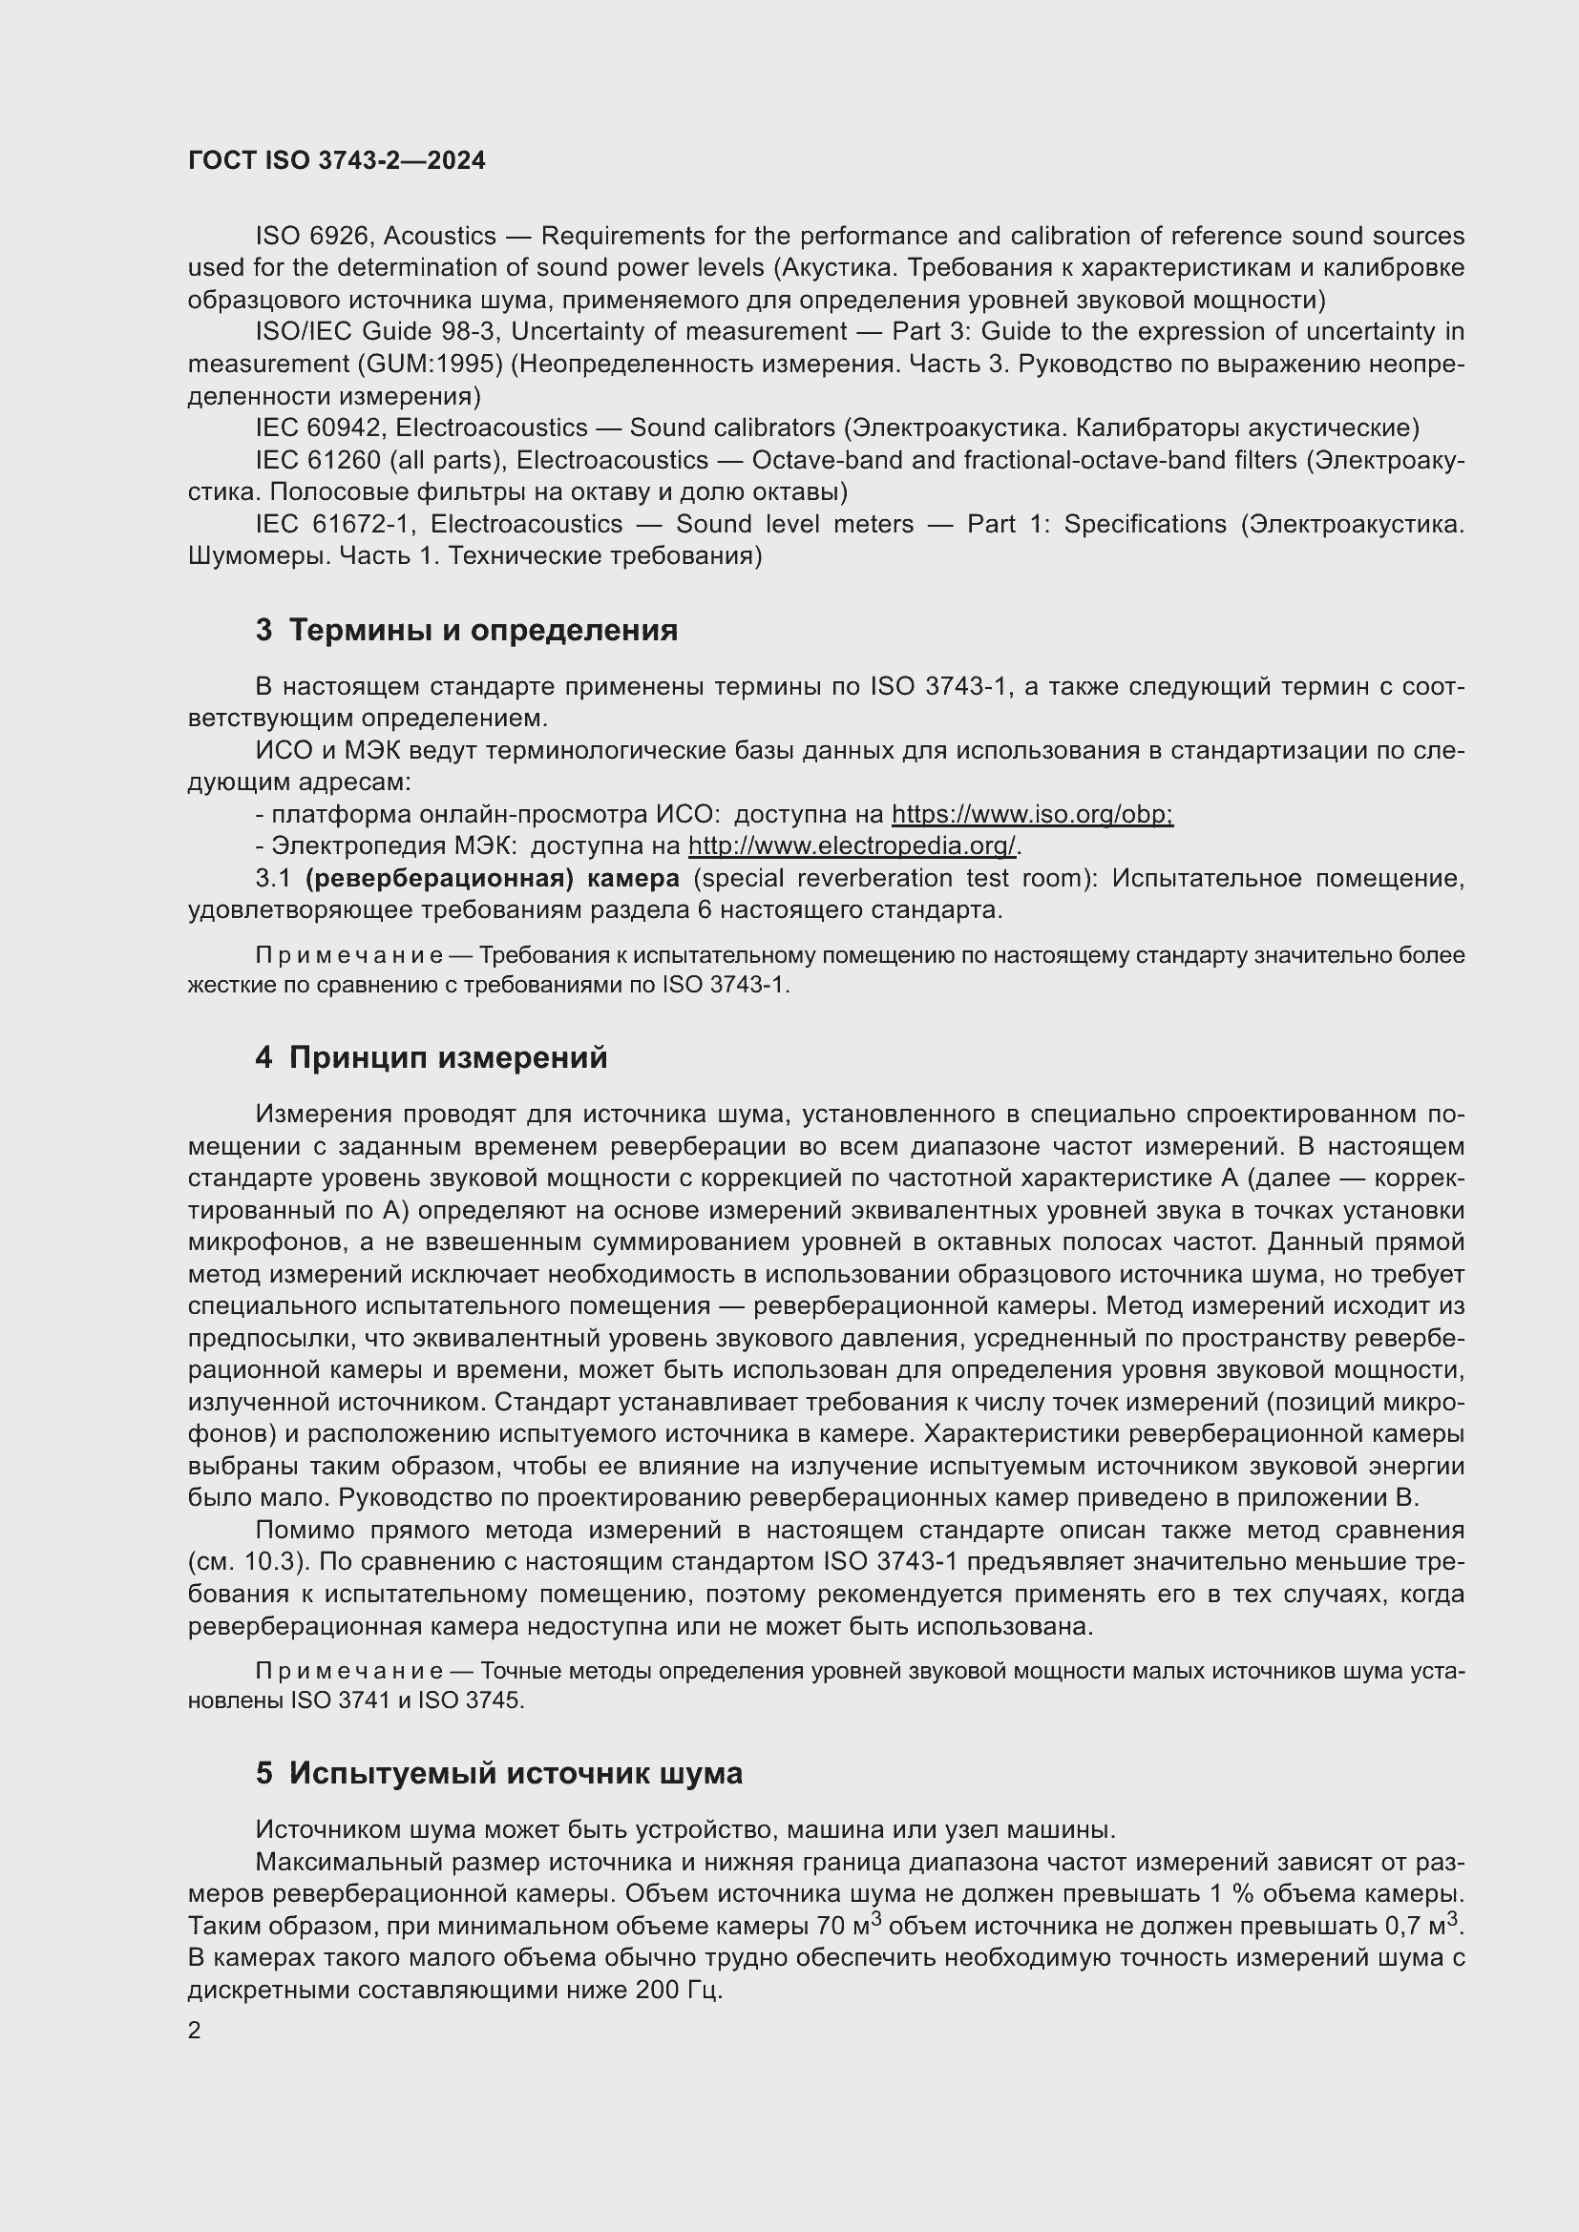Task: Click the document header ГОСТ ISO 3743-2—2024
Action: tap(336, 161)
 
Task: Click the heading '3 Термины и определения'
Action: tap(467, 630)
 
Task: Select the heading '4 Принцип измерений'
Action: tap(431, 1056)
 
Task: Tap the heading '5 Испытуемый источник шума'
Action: tap(498, 1772)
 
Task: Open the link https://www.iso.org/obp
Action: tap(1032, 814)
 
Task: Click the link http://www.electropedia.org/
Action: tap(853, 845)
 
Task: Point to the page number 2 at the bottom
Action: tap(195, 2030)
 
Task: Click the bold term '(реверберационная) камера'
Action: tap(492, 878)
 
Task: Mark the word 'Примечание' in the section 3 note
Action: tap(348, 955)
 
